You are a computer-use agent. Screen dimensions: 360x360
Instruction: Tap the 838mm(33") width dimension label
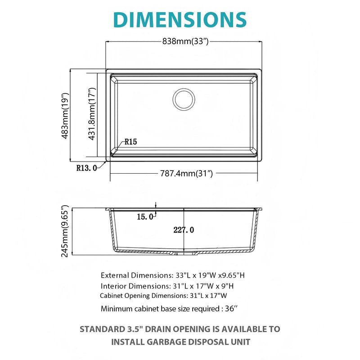coord(184,42)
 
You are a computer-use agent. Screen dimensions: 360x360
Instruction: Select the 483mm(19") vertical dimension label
coord(65,116)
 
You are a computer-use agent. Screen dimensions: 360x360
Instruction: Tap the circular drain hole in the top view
coord(184,99)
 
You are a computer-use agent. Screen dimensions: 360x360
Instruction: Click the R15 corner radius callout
coord(131,142)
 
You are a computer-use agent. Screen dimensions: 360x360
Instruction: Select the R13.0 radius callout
coord(86,168)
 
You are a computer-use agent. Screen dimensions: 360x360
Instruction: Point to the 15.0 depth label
coord(145,217)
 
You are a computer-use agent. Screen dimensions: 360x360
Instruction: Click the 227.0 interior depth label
coord(184,230)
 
